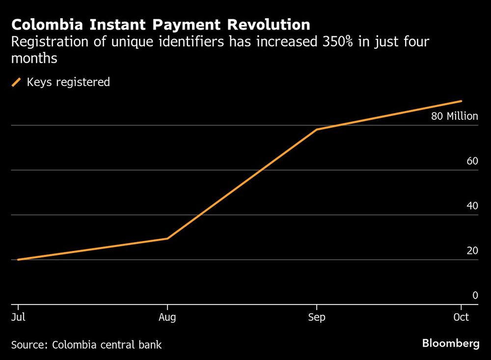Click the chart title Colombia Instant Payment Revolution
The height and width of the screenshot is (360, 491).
click(161, 25)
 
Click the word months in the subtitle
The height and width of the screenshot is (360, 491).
click(34, 58)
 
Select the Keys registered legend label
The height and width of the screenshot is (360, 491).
click(68, 82)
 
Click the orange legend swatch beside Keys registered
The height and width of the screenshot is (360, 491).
click(17, 82)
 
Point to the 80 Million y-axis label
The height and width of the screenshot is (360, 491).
click(454, 116)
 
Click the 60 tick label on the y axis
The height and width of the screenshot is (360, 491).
click(472, 161)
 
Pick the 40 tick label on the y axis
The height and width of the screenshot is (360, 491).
click(472, 206)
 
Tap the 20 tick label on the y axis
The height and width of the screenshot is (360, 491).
click(472, 250)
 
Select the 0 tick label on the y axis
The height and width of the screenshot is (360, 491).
click(475, 295)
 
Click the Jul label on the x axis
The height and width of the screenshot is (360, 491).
click(18, 317)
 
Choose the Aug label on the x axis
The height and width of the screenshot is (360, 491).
click(168, 317)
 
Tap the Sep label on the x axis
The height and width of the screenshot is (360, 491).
click(317, 317)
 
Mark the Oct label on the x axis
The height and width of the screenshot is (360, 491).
click(461, 317)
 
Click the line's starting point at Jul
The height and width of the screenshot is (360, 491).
click(18, 259)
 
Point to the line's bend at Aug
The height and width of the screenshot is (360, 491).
click(168, 239)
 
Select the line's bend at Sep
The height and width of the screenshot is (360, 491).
click(317, 130)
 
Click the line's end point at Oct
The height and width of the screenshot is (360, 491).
click(461, 101)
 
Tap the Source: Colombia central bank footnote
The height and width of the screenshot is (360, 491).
click(86, 345)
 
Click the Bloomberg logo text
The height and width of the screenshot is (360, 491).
click(451, 343)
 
